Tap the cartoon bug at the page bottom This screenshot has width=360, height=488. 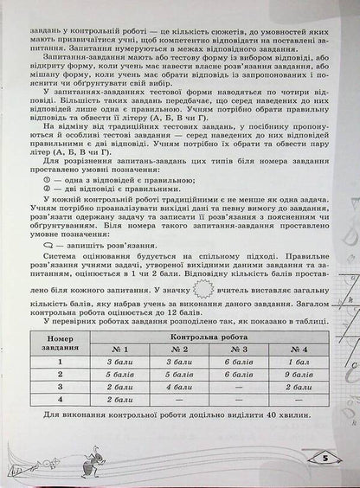(84, 459)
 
